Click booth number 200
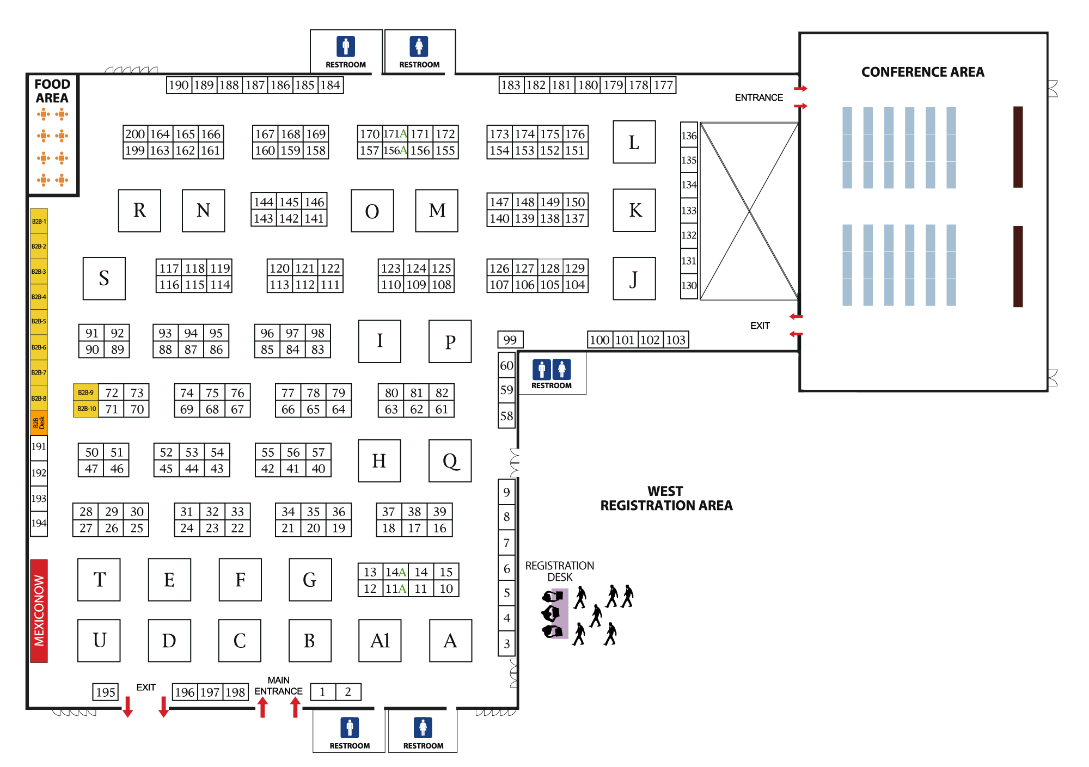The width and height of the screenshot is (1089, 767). [x=135, y=134]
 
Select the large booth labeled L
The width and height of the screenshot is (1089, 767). [x=634, y=142]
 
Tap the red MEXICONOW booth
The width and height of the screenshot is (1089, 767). [x=39, y=611]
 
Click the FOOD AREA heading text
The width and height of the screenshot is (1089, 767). [x=52, y=91]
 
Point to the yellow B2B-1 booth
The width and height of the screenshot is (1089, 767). [x=39, y=222]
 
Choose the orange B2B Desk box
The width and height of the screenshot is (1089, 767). [x=39, y=422]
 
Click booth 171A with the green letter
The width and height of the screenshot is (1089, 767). [x=395, y=134]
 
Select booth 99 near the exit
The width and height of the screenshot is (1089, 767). [x=510, y=340]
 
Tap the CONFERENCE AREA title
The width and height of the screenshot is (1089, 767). [x=922, y=72]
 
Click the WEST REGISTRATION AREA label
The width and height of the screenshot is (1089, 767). [x=666, y=498]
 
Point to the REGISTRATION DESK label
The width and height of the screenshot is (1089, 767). [x=559, y=571]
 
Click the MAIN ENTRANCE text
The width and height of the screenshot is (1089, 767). [x=278, y=686]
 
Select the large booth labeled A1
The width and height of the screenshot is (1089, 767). [x=380, y=641]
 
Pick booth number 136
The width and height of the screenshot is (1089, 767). [x=689, y=136]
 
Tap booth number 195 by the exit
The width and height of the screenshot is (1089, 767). [x=105, y=692]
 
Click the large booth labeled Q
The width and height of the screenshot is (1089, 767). [x=450, y=461]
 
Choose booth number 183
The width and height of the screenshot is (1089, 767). [x=511, y=85]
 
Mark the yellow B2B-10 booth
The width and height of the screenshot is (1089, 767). [x=86, y=409]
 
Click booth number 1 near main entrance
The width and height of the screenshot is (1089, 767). [x=322, y=692]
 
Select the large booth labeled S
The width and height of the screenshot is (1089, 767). [x=104, y=278]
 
